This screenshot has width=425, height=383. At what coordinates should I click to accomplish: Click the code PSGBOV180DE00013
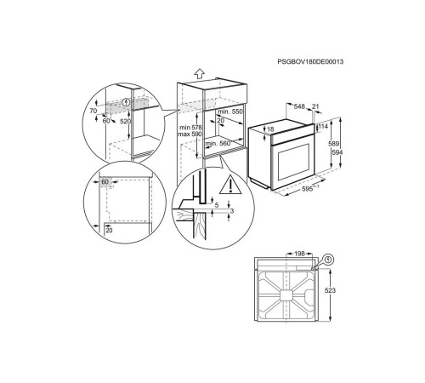pos(315,60)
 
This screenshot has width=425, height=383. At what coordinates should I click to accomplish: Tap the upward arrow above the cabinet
pos(198,73)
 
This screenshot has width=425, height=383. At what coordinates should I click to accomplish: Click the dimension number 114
pos(324,128)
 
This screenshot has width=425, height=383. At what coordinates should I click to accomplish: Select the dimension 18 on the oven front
pos(270,130)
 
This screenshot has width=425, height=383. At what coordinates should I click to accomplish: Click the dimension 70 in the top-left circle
pos(93,110)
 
